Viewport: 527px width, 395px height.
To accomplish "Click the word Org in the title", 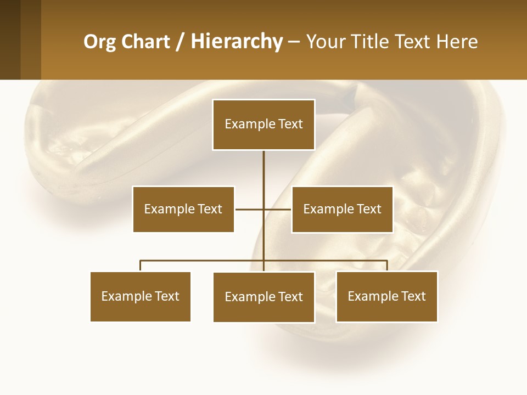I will tap(100, 42).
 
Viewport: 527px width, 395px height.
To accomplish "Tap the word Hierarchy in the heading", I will tap(237, 42).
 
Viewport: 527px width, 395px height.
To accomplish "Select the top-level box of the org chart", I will tap(263, 125).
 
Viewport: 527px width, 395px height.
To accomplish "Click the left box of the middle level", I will tap(183, 209).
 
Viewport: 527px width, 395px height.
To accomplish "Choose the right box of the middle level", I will tap(342, 209).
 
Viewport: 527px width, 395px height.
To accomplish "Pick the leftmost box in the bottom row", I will tap(141, 296).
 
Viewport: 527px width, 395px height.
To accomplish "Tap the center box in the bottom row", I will tap(263, 297).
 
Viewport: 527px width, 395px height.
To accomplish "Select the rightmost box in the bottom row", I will tap(386, 296).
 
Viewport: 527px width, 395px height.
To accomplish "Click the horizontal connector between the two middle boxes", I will tap(250, 209).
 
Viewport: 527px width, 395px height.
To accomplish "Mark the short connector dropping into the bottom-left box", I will tap(141, 266).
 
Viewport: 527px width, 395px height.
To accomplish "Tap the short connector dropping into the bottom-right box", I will tap(387, 266).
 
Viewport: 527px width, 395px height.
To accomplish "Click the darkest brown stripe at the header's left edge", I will tap(10, 39).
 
